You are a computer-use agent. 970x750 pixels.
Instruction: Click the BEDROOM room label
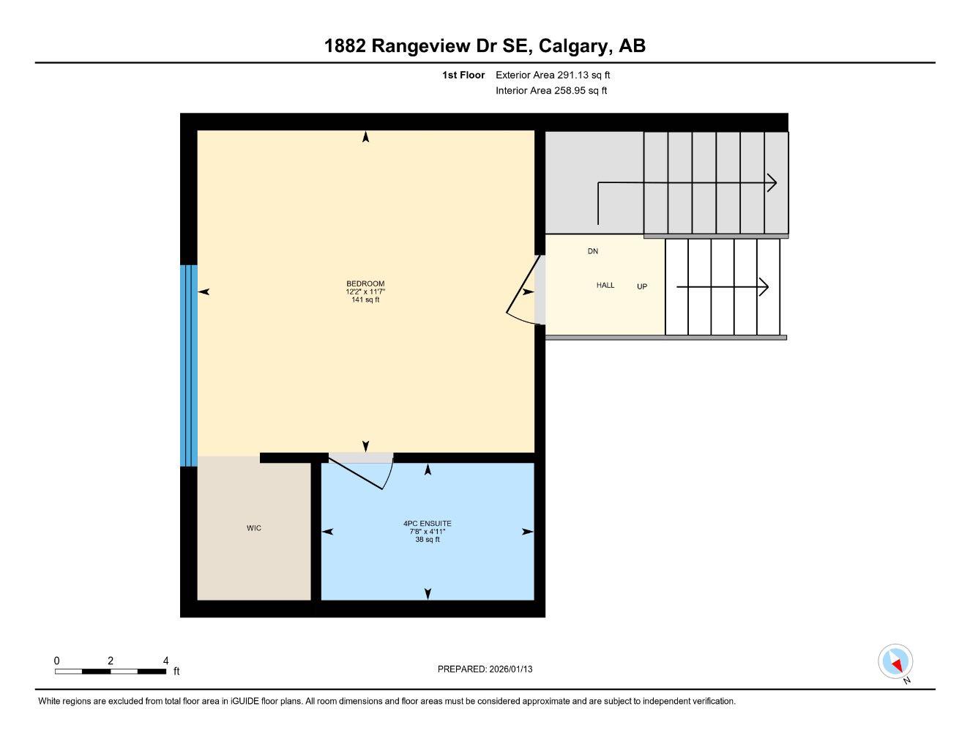[x=365, y=283]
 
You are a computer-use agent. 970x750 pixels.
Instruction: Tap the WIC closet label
[x=254, y=528]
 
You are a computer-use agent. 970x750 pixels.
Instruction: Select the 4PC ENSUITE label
[x=428, y=523]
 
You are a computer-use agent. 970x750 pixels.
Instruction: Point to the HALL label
[x=605, y=285]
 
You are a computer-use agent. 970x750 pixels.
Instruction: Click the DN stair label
[x=593, y=251]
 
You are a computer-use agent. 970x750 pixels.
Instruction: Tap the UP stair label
[x=642, y=286]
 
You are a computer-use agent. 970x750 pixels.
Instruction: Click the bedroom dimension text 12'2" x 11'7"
[x=365, y=292]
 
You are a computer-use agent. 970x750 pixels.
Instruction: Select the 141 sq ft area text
[x=365, y=300]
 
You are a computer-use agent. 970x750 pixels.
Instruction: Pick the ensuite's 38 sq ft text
[x=428, y=540]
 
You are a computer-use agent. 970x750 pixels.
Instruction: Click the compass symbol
[x=895, y=662]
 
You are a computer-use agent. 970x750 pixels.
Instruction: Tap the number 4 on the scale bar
[x=166, y=661]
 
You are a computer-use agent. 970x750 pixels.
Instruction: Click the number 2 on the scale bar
[x=111, y=661]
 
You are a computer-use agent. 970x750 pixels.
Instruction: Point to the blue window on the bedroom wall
[x=189, y=365]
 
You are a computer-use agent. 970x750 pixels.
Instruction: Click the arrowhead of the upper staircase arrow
[x=772, y=183]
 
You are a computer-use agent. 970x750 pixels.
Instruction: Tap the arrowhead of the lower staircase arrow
[x=764, y=287]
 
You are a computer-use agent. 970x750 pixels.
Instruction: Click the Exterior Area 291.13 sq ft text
[x=553, y=75]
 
